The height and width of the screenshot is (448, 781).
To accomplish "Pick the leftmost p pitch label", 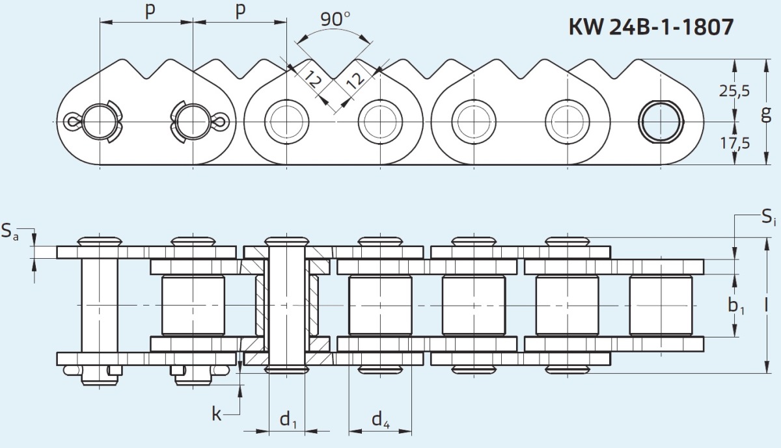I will pos(150,12).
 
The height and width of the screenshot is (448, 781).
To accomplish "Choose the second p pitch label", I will pos(240,12).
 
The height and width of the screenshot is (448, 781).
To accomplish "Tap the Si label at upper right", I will pos(769,218).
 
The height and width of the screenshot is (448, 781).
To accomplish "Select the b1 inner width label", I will pos(737,304).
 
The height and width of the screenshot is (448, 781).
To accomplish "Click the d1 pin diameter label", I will pos(288,421).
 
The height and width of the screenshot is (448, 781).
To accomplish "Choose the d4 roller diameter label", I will pos(381,421).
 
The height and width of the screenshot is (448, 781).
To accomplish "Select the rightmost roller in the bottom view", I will pos(660,305).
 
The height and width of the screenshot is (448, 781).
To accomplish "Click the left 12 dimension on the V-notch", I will pos(313,81).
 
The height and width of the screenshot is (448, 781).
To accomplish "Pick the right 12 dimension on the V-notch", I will pos(354,81).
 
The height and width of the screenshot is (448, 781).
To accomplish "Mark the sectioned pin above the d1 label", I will pos(286,304).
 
